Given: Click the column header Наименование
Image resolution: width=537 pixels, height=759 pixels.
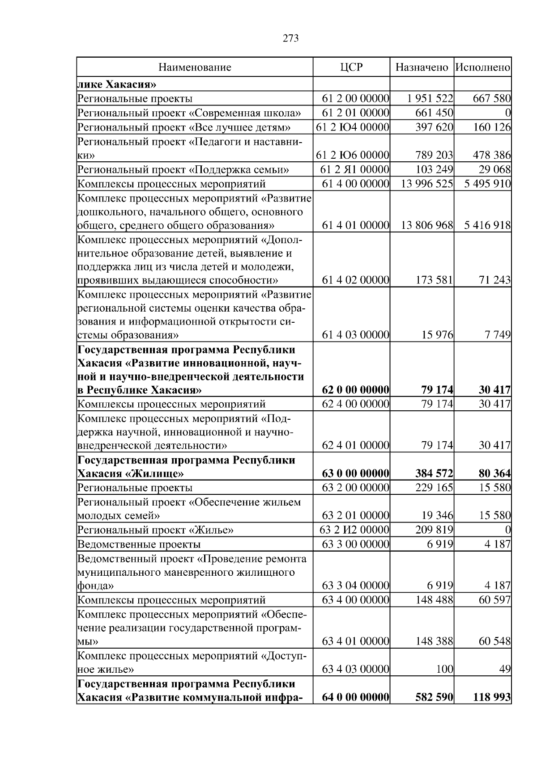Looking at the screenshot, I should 195,67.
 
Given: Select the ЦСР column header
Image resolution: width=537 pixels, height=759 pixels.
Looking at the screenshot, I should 351,67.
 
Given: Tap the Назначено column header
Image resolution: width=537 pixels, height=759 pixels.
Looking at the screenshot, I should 422,67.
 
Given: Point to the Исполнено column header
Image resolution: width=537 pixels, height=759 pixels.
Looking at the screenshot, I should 482,67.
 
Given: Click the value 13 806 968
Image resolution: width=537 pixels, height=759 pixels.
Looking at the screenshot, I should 427,225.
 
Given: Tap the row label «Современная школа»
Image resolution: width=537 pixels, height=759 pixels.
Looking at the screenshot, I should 189,113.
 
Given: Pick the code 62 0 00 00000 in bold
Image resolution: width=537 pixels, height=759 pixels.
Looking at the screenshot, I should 355,390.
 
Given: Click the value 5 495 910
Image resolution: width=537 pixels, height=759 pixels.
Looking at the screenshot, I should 487,184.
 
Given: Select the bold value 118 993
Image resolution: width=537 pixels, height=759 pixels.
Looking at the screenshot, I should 492,697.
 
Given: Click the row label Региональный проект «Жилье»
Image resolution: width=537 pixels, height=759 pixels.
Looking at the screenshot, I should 155,530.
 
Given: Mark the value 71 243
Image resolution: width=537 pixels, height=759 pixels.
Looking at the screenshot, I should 494,281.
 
